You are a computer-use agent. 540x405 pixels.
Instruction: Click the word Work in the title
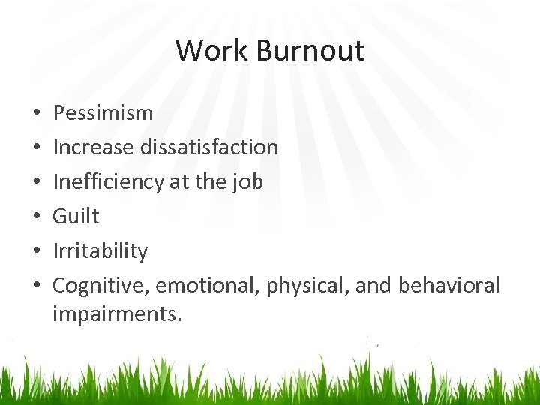click(211, 51)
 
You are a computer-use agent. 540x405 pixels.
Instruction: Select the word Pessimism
click(103, 113)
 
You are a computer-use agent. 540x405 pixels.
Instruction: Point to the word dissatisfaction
click(209, 148)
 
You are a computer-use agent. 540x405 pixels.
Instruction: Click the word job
click(247, 182)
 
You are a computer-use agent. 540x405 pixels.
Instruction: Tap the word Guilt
click(76, 217)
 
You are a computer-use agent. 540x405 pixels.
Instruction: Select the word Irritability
click(100, 251)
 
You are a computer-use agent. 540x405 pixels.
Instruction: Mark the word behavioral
click(448, 286)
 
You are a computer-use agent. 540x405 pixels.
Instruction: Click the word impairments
click(117, 313)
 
